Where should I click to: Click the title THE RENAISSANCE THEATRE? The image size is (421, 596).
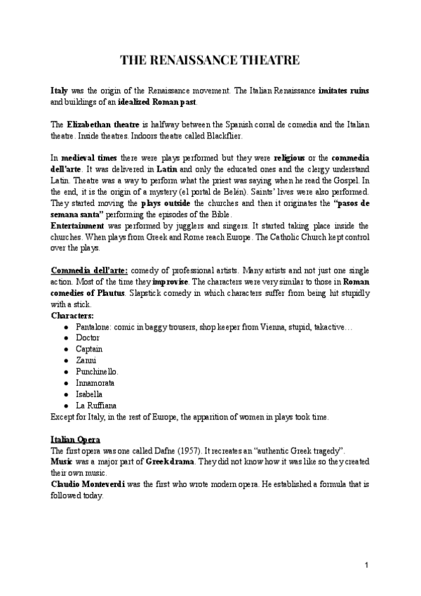pyautogui.click(x=210, y=60)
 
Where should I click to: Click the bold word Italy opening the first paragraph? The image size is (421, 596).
pyautogui.click(x=60, y=92)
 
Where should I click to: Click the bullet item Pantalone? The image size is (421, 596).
pyautogui.click(x=93, y=327)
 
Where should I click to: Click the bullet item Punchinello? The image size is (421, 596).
pyautogui.click(x=97, y=371)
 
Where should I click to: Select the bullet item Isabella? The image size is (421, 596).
pyautogui.click(x=89, y=394)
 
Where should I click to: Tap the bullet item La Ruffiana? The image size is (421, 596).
pyautogui.click(x=96, y=406)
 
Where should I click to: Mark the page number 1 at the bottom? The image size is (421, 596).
pyautogui.click(x=367, y=566)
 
